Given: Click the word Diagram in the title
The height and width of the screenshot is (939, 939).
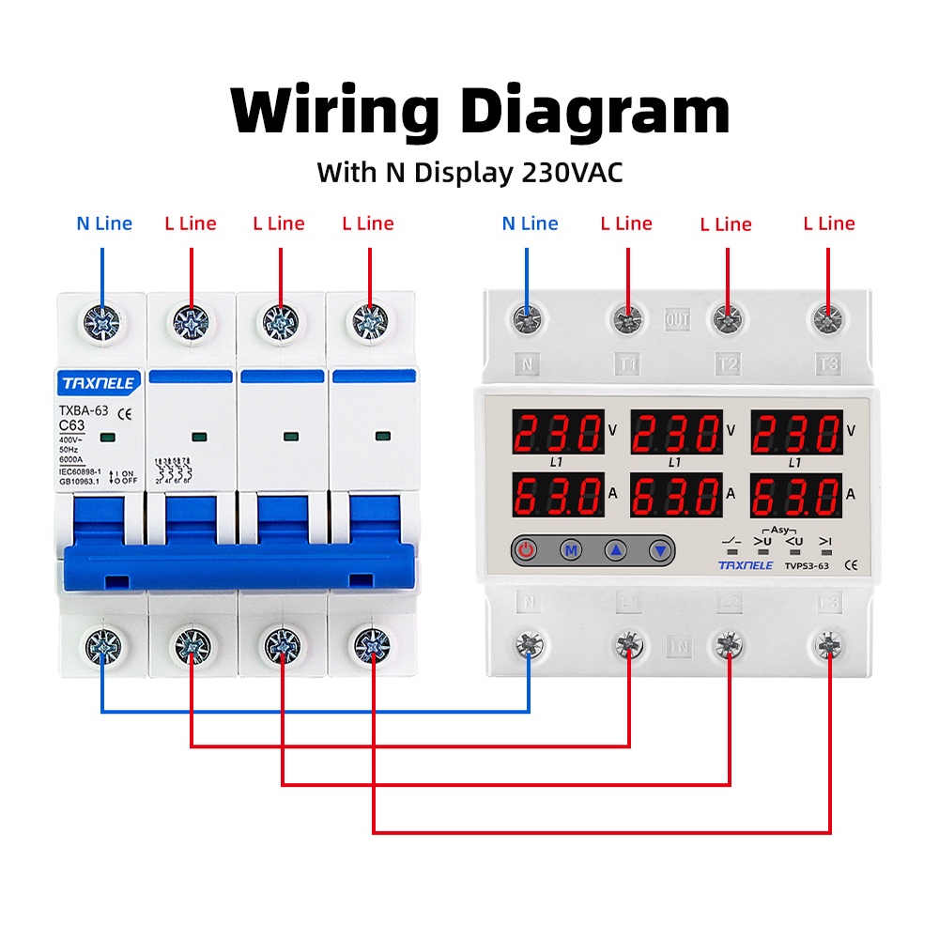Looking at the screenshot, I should (595, 113).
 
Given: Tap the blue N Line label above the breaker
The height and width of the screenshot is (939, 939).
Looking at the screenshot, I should (104, 223).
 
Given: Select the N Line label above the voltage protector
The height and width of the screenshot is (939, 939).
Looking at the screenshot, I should (530, 223).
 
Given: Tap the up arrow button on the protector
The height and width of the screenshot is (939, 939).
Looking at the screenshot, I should (615, 550).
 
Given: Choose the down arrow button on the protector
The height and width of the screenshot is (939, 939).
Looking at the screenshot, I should (660, 550).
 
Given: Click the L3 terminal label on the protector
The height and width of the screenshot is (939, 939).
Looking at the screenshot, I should (827, 602).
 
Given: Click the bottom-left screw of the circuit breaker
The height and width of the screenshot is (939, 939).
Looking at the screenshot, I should (101, 644).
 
